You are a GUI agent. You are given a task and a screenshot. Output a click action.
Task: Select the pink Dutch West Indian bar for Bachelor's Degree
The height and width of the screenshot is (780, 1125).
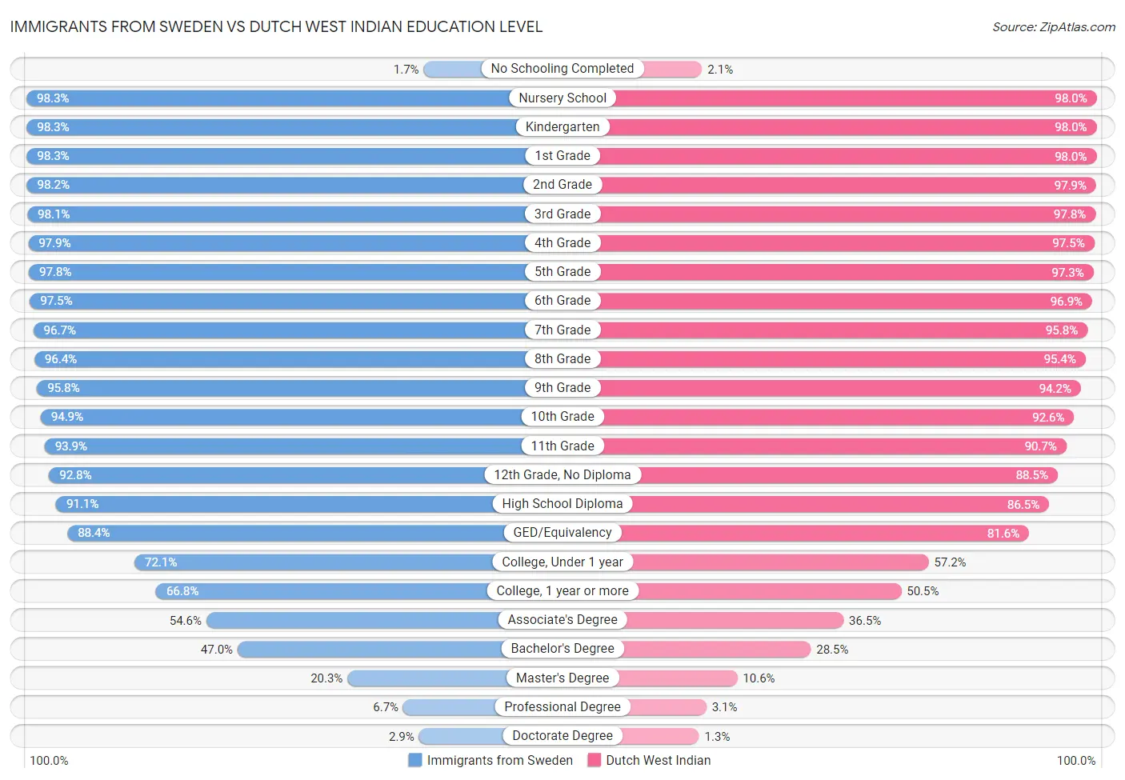tap(716, 650)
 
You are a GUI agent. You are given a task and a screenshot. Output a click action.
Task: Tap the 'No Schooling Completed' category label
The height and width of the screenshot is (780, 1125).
tap(562, 69)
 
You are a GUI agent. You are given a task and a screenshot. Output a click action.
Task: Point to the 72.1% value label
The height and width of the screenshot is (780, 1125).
tap(161, 562)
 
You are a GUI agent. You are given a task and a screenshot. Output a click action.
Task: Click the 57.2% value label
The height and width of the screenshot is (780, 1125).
tap(950, 562)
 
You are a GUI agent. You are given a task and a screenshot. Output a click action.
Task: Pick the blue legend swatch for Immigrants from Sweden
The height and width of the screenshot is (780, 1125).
tap(414, 760)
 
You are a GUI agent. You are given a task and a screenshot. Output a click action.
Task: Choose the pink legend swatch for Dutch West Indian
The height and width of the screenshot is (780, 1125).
tap(594, 760)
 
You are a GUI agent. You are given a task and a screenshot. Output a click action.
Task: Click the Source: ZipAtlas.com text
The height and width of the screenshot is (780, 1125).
tap(1053, 27)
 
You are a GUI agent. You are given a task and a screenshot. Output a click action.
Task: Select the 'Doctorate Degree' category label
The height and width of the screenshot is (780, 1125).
tap(562, 736)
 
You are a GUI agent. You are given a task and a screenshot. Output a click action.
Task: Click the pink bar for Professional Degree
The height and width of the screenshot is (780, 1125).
tap(669, 707)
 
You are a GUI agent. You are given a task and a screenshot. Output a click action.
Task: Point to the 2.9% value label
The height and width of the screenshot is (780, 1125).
tap(402, 737)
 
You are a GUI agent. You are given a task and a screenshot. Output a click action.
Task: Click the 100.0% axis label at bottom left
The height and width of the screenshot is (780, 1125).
tap(49, 761)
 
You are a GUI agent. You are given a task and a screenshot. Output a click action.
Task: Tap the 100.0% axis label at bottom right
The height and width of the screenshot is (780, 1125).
tap(1075, 761)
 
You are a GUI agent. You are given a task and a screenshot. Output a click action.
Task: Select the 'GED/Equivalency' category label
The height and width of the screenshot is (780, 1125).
tap(562, 533)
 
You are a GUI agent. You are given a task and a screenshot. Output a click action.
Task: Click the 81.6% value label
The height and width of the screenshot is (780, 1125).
tap(1003, 534)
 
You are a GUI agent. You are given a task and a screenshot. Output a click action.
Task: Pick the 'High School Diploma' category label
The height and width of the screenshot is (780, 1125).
tap(562, 504)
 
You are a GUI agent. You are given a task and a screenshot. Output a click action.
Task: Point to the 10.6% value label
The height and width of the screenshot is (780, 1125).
tap(759, 678)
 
